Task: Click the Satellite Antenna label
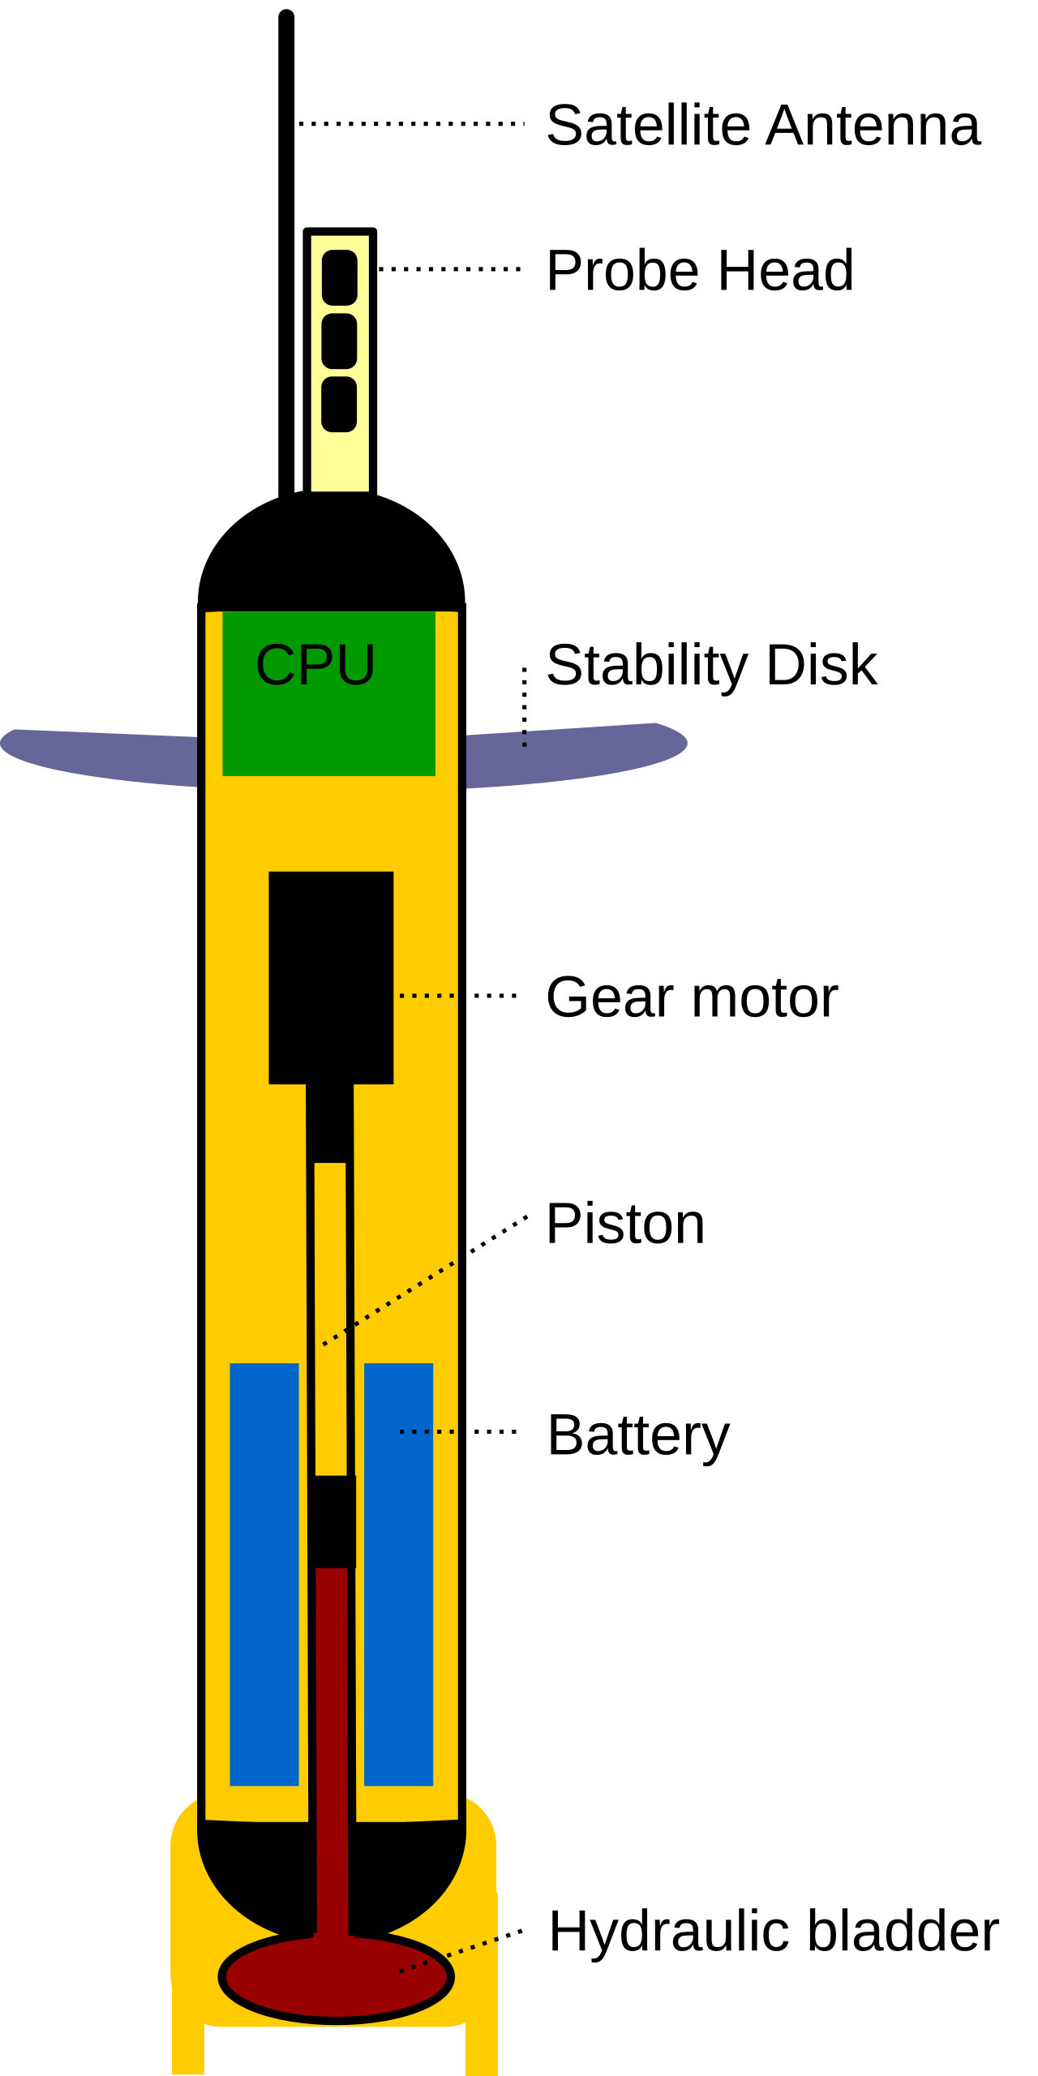click(763, 126)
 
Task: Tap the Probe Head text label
click(700, 270)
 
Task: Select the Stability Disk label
click(711, 666)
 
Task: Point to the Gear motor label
click(692, 997)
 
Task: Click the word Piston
click(625, 1223)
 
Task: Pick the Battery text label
click(638, 1436)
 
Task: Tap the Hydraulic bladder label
click(774, 1931)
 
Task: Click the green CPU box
click(328, 693)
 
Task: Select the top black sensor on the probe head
click(340, 278)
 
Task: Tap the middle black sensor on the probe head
click(340, 341)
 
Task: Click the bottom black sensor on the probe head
click(340, 405)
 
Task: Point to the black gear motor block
click(331, 977)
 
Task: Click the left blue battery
click(264, 1575)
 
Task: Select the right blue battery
click(398, 1575)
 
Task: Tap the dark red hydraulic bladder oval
click(336, 1977)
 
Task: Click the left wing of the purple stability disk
click(99, 757)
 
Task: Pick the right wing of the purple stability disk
click(576, 755)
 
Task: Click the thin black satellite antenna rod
click(286, 255)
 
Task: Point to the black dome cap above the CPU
click(332, 551)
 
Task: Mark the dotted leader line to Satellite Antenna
click(411, 124)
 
